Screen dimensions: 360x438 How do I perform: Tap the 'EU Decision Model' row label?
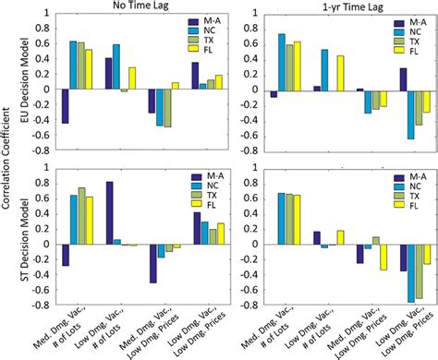pyautogui.click(x=25, y=88)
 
